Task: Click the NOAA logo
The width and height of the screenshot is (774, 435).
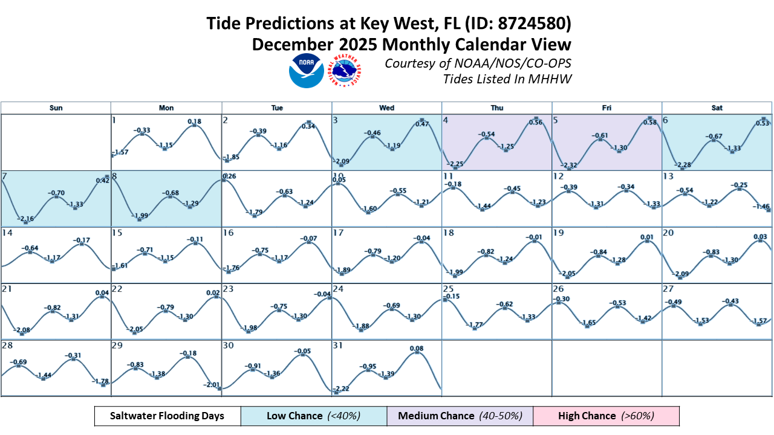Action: [307, 71]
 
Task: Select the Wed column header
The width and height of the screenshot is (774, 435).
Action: [387, 108]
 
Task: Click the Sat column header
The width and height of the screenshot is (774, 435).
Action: [717, 108]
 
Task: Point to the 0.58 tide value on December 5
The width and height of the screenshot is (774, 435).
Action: [647, 123]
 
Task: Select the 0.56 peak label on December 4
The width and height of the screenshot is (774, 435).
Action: [535, 123]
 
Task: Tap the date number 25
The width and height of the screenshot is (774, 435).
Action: [448, 289]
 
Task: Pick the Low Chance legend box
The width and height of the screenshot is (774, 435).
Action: [314, 416]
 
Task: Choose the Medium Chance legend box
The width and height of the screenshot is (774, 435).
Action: [460, 416]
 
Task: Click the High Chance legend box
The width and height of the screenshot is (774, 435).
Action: [607, 416]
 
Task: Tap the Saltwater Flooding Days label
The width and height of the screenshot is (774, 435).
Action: [167, 416]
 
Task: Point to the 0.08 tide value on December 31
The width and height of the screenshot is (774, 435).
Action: [417, 349]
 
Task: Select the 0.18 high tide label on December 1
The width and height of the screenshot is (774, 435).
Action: [194, 122]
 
